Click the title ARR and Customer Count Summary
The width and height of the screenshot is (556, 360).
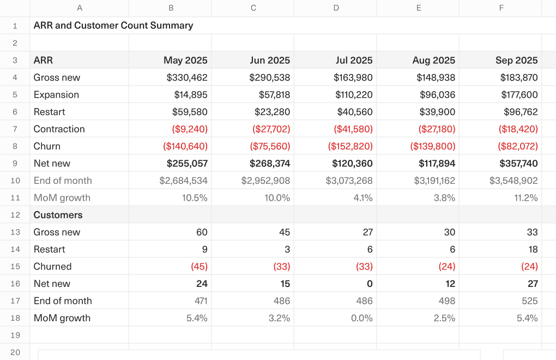coord(113,26)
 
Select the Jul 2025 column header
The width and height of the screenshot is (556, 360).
coord(354,61)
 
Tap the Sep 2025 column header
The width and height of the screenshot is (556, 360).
coord(516,61)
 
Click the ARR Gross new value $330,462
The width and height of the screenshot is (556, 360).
coord(187,77)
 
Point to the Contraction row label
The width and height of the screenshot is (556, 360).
coord(59,129)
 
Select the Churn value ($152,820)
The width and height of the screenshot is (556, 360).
coord(350,146)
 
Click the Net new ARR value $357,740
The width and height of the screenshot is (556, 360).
coord(518,164)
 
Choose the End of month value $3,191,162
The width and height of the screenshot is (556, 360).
coord(434,181)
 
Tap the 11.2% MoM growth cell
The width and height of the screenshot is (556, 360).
coord(526,198)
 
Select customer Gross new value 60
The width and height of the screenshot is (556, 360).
coord(202,232)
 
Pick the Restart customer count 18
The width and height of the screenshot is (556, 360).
coord(533,249)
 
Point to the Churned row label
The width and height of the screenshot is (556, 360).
coord(53,267)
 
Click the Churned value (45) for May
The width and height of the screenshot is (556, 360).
coord(199,267)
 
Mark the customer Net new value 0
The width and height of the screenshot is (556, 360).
coord(370,284)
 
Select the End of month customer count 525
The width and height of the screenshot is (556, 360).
coord(529,301)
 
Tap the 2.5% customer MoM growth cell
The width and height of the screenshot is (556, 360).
coord(444,318)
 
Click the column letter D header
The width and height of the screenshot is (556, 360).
coord(336,8)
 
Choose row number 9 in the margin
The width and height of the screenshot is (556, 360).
coord(15,164)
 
